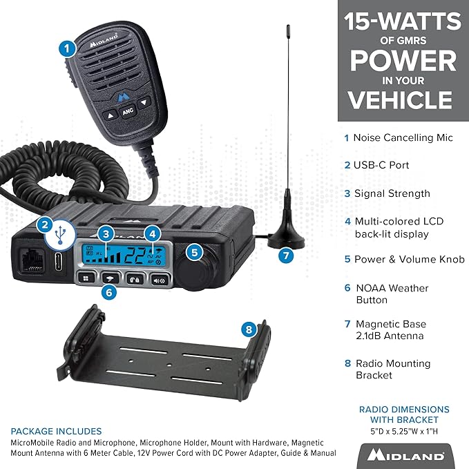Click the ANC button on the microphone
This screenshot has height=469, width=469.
[128, 111]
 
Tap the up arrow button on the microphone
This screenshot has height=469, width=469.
[111, 115]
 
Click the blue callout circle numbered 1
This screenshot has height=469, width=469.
[67, 49]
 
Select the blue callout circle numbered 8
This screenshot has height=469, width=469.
[249, 329]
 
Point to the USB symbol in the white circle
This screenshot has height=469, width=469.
[60, 235]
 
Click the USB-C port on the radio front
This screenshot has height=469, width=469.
[59, 261]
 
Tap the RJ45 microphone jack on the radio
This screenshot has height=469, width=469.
[32, 260]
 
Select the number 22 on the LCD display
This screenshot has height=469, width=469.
[135, 256]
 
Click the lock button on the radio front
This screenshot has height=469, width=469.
[135, 280]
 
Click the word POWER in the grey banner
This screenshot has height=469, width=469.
[403, 60]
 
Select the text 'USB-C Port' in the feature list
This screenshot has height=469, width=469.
[381, 165]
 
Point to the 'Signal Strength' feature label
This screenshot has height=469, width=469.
[392, 193]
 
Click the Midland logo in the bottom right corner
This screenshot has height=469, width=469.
[405, 455]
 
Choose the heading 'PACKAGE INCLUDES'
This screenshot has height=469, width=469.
[56, 431]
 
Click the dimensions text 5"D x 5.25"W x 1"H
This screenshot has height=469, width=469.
[404, 432]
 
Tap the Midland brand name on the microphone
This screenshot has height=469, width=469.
[104, 41]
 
